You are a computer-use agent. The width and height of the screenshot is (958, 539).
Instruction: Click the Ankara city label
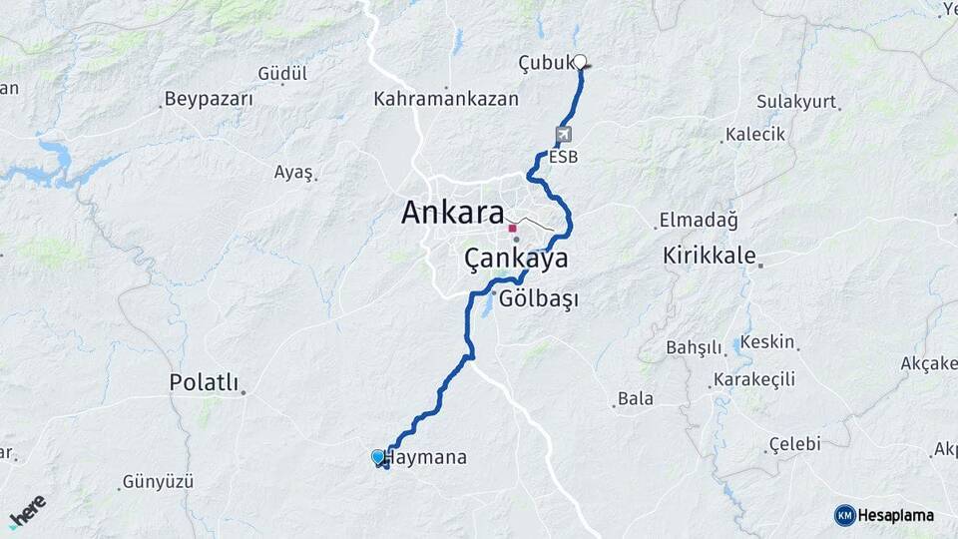click(x=452, y=212)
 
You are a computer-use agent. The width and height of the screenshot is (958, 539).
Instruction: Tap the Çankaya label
click(x=516, y=260)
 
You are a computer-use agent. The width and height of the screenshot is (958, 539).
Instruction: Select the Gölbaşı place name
click(x=539, y=299)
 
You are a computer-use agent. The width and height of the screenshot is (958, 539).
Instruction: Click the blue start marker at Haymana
click(x=378, y=457)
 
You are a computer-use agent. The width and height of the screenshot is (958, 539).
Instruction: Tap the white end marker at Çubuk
click(x=580, y=61)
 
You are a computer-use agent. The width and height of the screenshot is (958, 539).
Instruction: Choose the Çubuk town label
click(x=546, y=63)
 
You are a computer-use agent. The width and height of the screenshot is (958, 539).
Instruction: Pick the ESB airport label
click(x=563, y=157)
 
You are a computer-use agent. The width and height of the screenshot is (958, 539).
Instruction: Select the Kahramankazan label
click(x=446, y=99)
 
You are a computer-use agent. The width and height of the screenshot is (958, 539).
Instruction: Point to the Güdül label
click(x=282, y=74)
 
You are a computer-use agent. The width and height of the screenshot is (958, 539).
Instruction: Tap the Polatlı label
click(x=205, y=382)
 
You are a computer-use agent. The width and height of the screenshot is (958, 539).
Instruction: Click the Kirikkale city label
click(x=710, y=256)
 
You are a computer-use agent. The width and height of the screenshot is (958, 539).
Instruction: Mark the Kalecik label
click(x=755, y=134)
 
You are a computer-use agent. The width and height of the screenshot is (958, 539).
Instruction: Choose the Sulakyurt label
click(x=796, y=102)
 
